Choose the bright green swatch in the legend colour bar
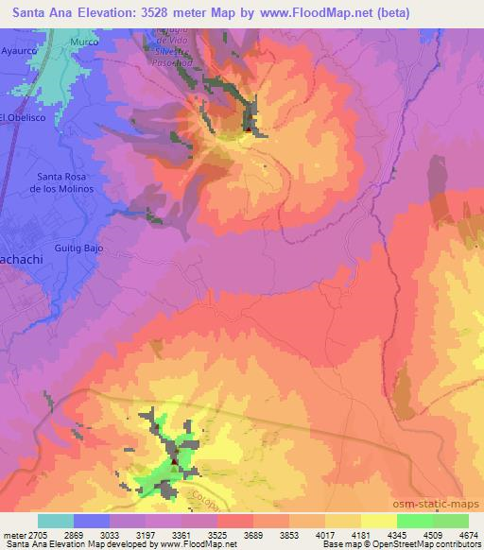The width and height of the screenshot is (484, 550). (x=414, y=520)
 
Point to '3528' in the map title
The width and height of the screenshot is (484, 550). (x=154, y=10)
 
